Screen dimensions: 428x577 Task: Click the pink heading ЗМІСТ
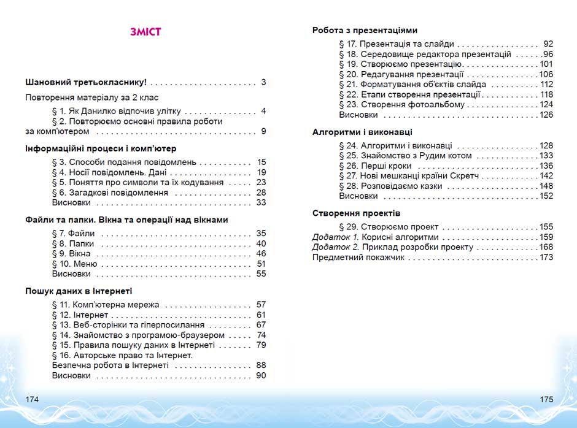coord(145,32)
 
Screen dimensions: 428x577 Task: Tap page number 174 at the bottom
coord(33,399)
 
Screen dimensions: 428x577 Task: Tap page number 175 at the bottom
coord(546,399)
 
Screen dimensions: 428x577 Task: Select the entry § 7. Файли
coord(73,234)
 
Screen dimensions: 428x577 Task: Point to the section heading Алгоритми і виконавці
coord(362,132)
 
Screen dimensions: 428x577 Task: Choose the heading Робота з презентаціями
coord(365,30)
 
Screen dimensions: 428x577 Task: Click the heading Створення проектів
coord(356,213)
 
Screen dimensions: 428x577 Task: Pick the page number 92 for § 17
coord(548,44)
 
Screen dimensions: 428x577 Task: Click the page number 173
coord(546,257)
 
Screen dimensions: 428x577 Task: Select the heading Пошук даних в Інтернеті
coord(79,291)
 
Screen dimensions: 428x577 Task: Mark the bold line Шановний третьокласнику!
coord(86,82)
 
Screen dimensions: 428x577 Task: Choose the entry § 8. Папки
coord(74,243)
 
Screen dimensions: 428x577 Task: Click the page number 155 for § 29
coord(546,227)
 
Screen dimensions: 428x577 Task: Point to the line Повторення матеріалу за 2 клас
coord(92,97)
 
